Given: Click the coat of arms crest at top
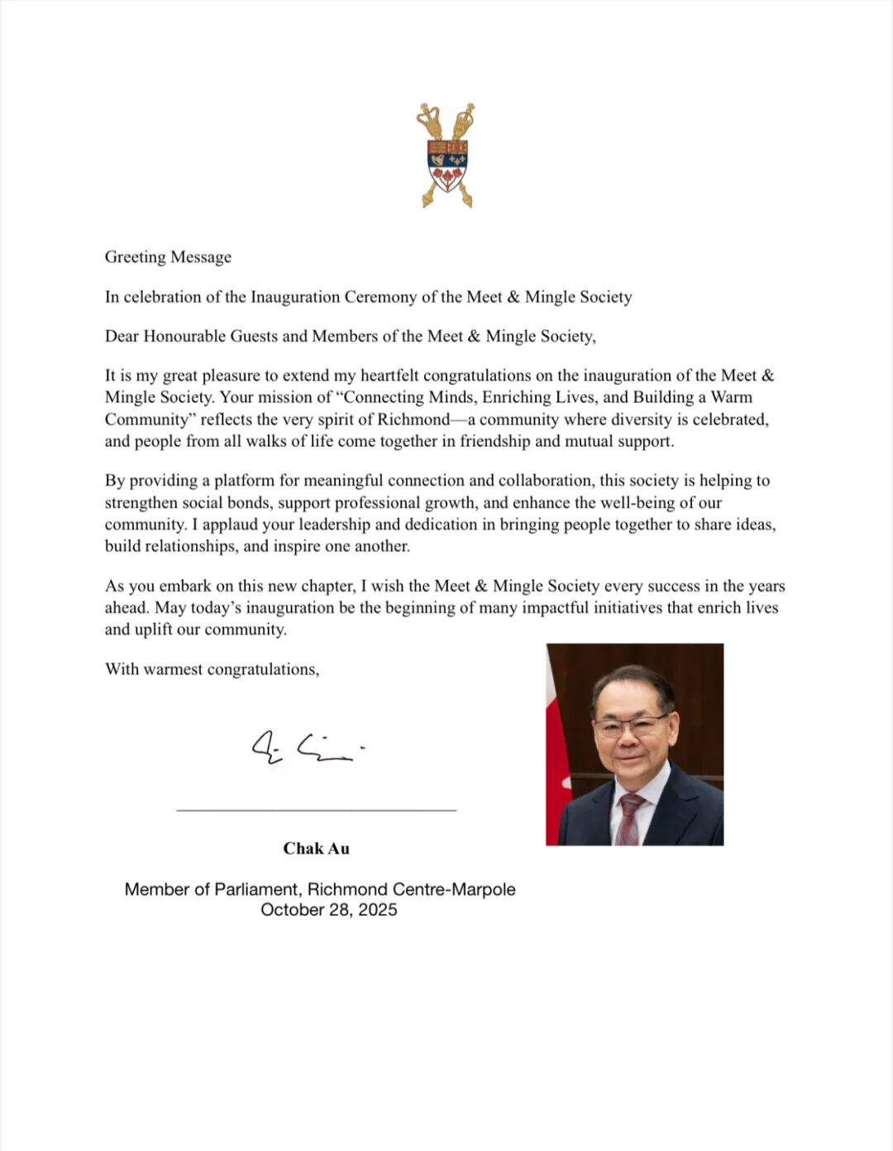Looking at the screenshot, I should tap(446, 156).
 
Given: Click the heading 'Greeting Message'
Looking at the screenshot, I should tap(168, 257).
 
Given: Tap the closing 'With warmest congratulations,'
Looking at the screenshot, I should tap(212, 669).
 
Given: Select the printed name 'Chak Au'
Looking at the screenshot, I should tap(316, 848).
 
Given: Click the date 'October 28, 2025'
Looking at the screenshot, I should tap(328, 909).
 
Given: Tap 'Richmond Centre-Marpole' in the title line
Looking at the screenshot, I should tap(412, 890).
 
